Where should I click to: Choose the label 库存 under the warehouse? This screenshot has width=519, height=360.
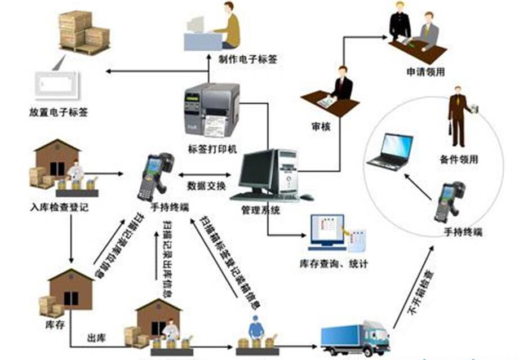[51, 325]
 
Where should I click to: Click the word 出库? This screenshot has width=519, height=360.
[95, 338]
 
